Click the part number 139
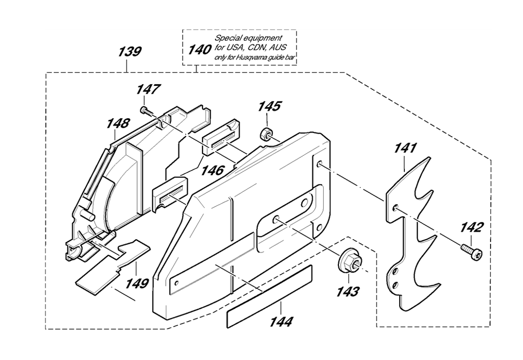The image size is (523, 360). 130,52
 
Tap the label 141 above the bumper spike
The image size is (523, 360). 406,148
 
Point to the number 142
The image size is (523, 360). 472,228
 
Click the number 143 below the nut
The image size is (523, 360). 348,292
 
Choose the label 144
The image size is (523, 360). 281,322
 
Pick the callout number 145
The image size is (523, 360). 269,106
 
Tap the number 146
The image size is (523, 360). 212,171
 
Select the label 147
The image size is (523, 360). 149,89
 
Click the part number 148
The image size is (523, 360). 118,123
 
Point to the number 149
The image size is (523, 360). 137,284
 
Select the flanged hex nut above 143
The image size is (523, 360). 349,257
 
